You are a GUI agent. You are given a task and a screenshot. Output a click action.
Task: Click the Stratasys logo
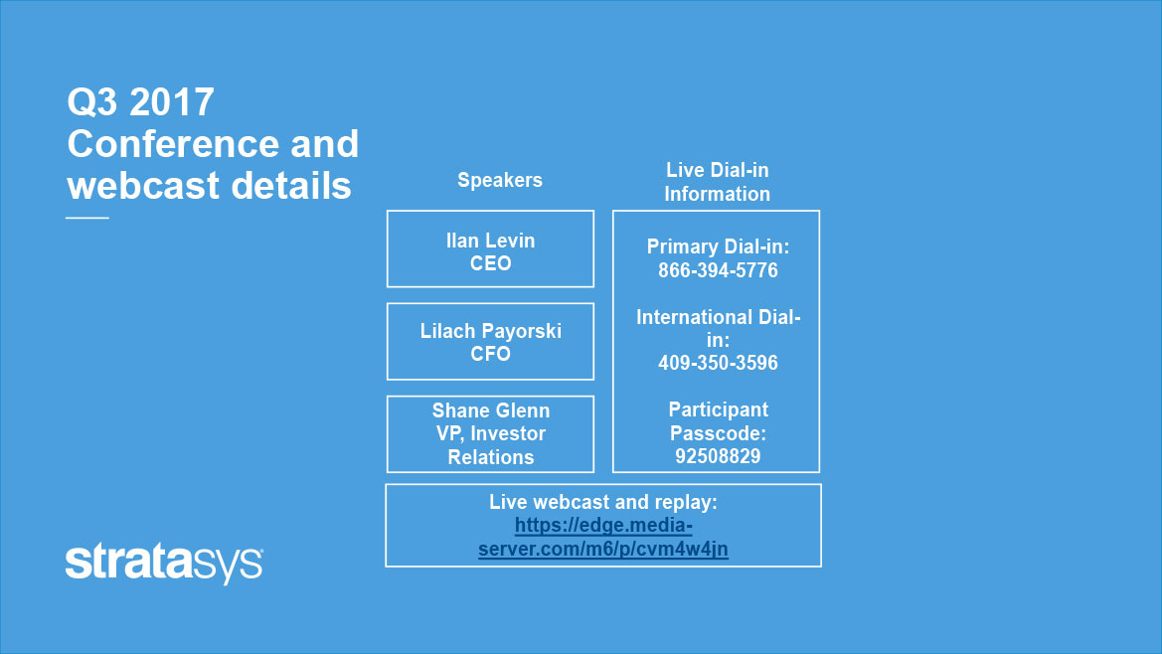coord(164,564)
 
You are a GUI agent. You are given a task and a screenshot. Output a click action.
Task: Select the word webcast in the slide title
coord(144,185)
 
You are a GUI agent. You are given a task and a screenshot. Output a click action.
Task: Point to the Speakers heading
coord(499,180)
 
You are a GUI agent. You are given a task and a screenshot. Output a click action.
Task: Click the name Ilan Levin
coord(491,240)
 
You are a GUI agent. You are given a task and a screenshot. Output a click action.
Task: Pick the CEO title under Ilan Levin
coord(491,263)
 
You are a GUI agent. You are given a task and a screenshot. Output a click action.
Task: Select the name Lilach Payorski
coord(491,331)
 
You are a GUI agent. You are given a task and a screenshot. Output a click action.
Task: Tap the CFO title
coord(491,354)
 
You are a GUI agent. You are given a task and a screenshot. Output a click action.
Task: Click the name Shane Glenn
coord(491,410)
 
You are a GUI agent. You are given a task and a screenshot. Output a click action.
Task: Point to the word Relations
coord(491,457)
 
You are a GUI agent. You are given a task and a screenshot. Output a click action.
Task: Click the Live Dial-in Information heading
coord(718,182)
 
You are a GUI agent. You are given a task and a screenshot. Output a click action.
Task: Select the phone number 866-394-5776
coord(718,270)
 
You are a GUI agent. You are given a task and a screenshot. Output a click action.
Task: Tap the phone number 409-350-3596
coord(718,363)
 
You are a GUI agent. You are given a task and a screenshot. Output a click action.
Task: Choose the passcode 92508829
coord(718,456)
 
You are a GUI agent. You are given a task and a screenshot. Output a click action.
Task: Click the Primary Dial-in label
coord(718,246)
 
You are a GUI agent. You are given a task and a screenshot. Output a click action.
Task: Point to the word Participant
coord(718,409)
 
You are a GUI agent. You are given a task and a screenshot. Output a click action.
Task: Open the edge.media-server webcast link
coord(603,537)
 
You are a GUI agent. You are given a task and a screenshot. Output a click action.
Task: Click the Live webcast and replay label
coord(603,502)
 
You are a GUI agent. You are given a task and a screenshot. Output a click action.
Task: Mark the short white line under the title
coord(87,218)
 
